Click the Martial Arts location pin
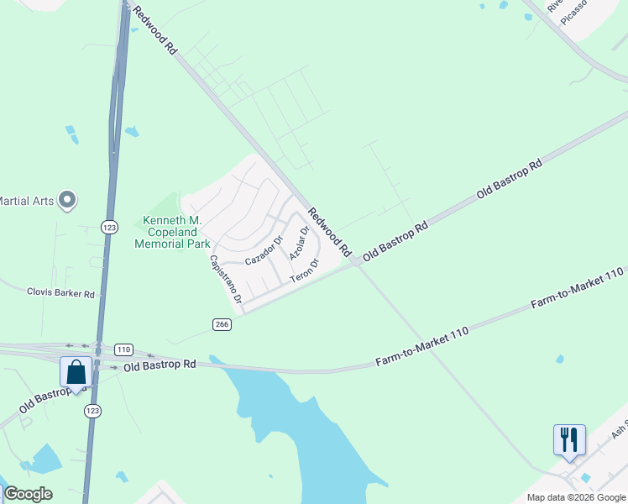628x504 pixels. click(68, 201)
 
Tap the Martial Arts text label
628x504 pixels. click(26, 201)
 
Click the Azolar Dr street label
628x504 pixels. click(300, 241)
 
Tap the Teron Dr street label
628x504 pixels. click(306, 270)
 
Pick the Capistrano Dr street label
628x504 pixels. click(226, 279)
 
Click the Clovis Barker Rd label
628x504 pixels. click(60, 293)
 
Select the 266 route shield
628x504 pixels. click(222, 324)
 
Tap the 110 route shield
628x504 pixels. click(123, 349)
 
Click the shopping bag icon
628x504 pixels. click(76, 371)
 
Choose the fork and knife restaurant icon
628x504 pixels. click(569, 439)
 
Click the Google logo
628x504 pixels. click(28, 494)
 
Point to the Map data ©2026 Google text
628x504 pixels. click(576, 497)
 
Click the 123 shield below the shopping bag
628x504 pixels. click(92, 410)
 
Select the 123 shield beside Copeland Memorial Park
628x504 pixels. click(108, 227)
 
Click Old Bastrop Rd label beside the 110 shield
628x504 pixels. click(160, 365)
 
